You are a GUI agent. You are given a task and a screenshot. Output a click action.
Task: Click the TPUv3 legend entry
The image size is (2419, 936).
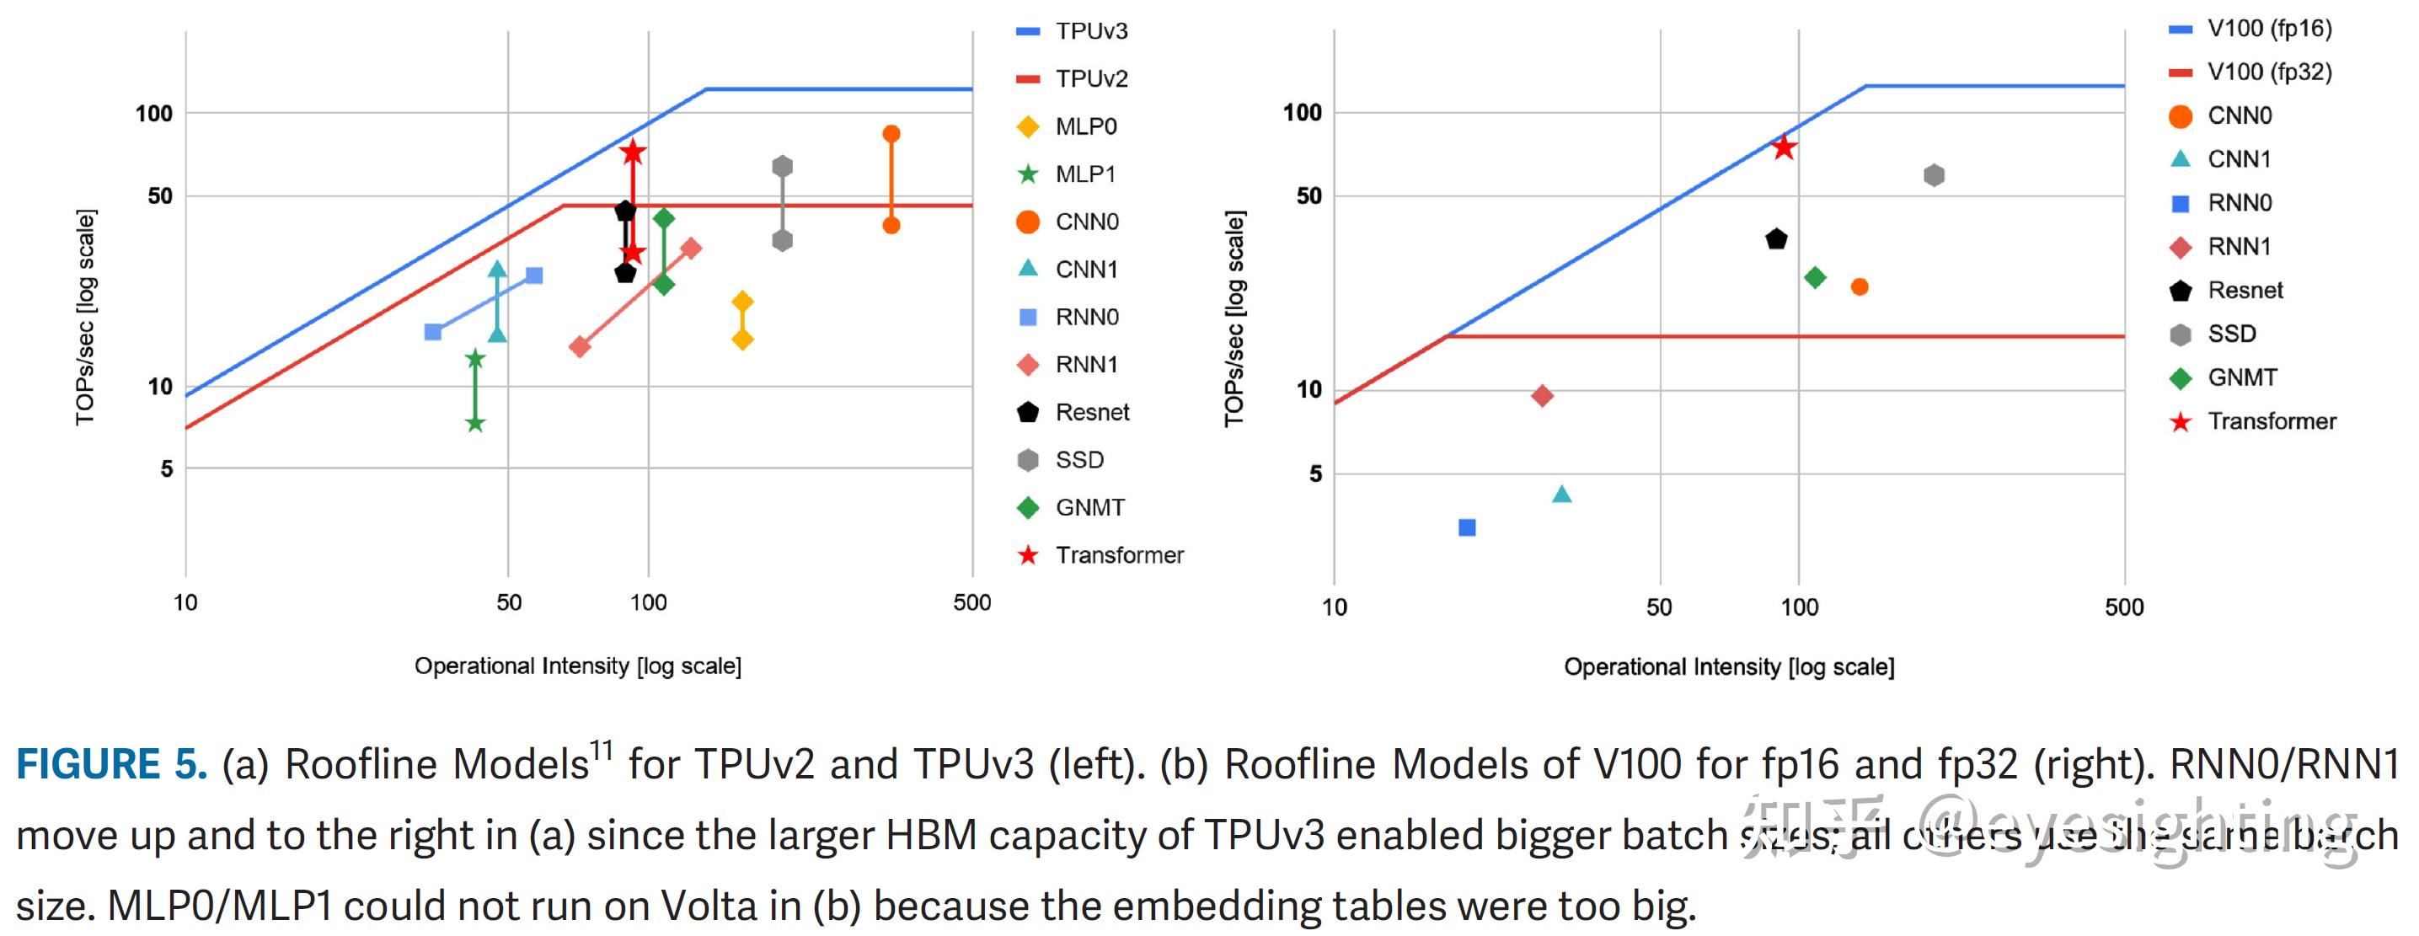tap(1090, 31)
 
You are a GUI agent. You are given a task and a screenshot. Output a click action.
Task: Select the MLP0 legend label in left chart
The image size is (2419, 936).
tap(1085, 126)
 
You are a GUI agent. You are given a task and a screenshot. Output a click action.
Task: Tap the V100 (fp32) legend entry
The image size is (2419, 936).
tap(2268, 72)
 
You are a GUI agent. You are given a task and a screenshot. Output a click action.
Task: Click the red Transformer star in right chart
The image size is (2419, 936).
tap(1783, 147)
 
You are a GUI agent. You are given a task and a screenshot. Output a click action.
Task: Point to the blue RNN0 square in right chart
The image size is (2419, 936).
tap(1467, 527)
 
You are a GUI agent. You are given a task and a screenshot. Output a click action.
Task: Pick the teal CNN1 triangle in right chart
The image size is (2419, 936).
tap(1561, 495)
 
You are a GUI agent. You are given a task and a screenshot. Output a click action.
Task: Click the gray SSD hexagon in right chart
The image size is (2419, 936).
tap(1934, 175)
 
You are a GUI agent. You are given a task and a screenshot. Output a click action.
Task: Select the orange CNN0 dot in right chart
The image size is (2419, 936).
tap(1860, 287)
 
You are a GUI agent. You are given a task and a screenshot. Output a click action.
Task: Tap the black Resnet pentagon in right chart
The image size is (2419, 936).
tap(1776, 239)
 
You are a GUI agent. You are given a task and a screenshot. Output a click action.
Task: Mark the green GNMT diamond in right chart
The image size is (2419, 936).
tap(1815, 277)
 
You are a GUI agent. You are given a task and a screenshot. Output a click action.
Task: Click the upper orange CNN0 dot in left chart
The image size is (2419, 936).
tap(891, 134)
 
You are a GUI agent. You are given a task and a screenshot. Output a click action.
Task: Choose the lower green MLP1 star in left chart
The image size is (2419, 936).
tap(475, 424)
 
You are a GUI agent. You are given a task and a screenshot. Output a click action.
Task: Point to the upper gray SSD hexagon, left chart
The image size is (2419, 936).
tap(782, 167)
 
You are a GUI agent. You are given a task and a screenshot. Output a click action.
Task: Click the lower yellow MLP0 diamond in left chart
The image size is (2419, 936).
tap(741, 339)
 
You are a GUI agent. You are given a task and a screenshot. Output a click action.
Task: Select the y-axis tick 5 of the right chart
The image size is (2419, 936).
tap(1314, 474)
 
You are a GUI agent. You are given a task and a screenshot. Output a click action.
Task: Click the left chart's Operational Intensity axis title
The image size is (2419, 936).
tap(577, 666)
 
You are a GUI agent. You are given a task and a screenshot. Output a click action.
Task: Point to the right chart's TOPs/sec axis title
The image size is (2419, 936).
tap(1234, 319)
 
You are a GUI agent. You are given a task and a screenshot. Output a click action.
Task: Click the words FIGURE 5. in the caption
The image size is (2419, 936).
tap(112, 764)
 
